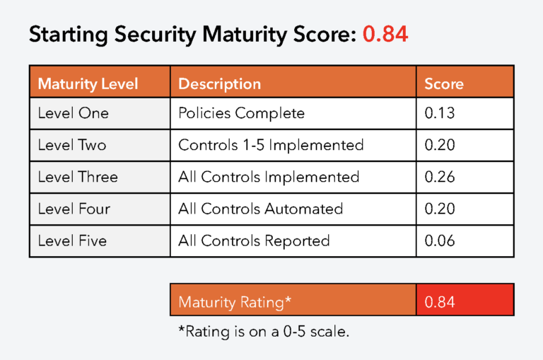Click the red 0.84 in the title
point(385,34)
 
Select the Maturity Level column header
point(88,84)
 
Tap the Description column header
point(220,84)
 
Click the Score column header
point(444,84)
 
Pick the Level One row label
point(74,113)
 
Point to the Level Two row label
point(72,145)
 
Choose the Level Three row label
point(78,177)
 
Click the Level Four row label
point(74,209)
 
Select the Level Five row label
point(72,240)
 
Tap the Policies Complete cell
point(241,113)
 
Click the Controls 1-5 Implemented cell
point(271,145)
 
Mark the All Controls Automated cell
point(260,209)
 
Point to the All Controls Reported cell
point(254,240)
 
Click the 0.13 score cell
point(440,113)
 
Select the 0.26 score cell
point(440,177)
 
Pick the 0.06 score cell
point(440,240)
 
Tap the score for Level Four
point(440,209)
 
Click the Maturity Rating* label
point(235,302)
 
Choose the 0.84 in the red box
point(440,302)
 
